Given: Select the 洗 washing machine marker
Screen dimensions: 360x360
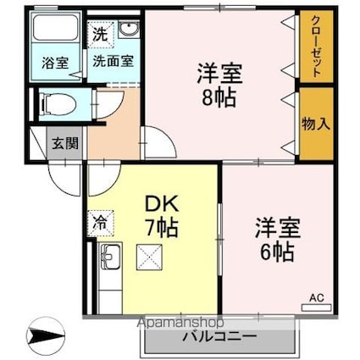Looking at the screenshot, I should [x=101, y=35].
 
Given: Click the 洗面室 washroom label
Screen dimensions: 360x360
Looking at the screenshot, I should [x=112, y=62].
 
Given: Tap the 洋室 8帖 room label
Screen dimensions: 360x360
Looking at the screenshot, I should [x=220, y=83].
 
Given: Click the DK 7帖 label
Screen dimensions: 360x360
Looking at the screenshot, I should [x=162, y=214].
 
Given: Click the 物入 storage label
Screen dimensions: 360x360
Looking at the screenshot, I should [x=314, y=124].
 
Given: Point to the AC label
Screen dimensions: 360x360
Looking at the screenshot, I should [x=315, y=297].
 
